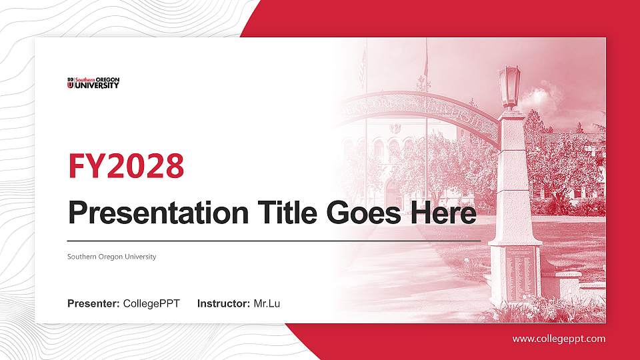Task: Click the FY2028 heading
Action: [x=126, y=166]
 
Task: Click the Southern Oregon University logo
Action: [x=93, y=83]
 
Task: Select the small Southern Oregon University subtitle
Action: [x=111, y=257]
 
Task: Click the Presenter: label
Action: [x=93, y=304]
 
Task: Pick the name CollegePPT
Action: [x=151, y=304]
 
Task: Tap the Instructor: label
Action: [x=224, y=304]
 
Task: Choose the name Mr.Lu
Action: [x=267, y=304]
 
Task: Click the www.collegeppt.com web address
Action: [x=559, y=339]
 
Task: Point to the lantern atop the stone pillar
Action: [x=509, y=85]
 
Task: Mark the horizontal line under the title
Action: [x=273, y=240]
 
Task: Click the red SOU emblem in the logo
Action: [x=70, y=83]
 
